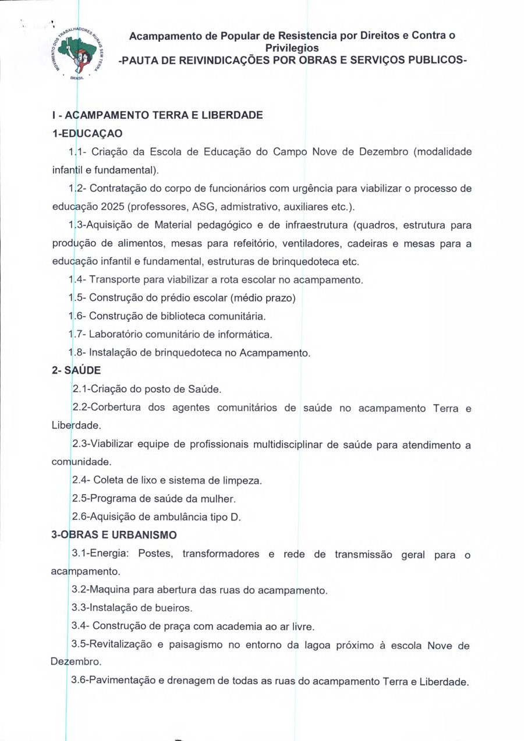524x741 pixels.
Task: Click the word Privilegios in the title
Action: [x=292, y=48]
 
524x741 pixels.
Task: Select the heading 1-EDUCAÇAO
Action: [x=87, y=133]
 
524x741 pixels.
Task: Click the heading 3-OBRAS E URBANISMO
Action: [x=115, y=534]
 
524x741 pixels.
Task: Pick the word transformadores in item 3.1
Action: [x=221, y=554]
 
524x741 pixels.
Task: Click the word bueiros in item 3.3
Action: [x=173, y=608]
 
